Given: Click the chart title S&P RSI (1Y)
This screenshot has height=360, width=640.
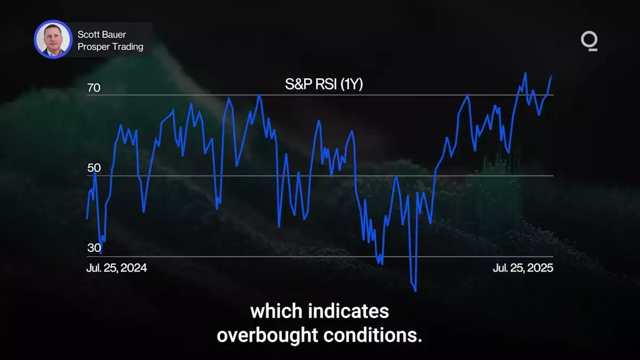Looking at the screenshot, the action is pyautogui.click(x=324, y=84).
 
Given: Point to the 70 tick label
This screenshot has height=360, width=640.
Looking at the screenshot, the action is pyautogui.click(x=94, y=87).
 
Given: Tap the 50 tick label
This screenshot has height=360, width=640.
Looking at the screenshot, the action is pyautogui.click(x=94, y=167).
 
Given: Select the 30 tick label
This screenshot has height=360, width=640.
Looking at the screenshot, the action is pyautogui.click(x=94, y=247).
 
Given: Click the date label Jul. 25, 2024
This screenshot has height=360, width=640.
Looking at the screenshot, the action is pyautogui.click(x=117, y=268).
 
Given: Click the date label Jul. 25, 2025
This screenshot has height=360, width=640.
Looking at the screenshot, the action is pyautogui.click(x=523, y=268).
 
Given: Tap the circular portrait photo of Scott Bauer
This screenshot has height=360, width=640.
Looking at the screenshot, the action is pyautogui.click(x=53, y=39).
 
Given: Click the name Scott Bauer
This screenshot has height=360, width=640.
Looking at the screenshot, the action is pyautogui.click(x=102, y=35).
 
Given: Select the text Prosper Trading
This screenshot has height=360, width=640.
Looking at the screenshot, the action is pyautogui.click(x=110, y=46).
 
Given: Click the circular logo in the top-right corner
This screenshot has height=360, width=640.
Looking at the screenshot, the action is pyautogui.click(x=589, y=42).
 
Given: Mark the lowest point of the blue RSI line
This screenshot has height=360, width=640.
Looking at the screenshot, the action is pyautogui.click(x=415, y=291).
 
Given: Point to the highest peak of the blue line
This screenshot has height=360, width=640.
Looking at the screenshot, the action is pyautogui.click(x=525, y=74).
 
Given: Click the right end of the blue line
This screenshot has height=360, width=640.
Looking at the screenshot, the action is pyautogui.click(x=551, y=76).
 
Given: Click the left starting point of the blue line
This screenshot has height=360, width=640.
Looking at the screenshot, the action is pyautogui.click(x=87, y=219).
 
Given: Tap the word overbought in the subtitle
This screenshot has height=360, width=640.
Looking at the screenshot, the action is pyautogui.click(x=267, y=335).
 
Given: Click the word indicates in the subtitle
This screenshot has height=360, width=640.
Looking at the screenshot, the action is pyautogui.click(x=348, y=311).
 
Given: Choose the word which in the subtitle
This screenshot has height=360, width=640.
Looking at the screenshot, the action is pyautogui.click(x=276, y=311).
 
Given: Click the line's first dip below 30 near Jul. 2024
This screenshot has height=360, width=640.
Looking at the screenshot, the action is pyautogui.click(x=101, y=253).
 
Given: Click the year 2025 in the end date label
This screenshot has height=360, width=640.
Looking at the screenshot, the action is pyautogui.click(x=540, y=268).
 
